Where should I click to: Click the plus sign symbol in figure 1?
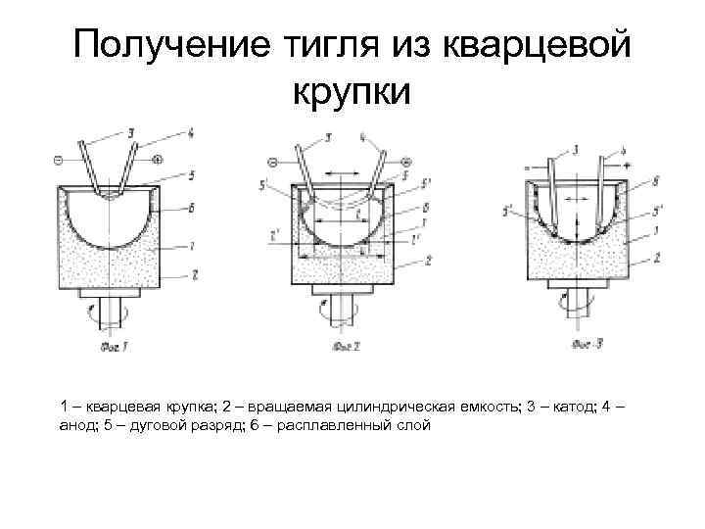click(x=159, y=157)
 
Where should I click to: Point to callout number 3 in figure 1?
click(x=131, y=131)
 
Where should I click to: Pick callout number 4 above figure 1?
click(x=190, y=133)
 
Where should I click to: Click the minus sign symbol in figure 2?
click(x=273, y=159)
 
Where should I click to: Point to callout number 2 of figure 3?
click(x=656, y=256)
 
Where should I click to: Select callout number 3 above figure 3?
click(x=576, y=150)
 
